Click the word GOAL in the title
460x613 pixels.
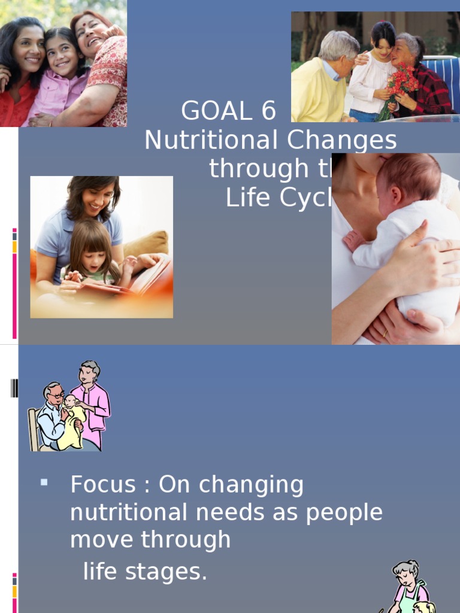click(x=215, y=111)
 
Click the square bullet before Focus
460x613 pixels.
click(x=44, y=481)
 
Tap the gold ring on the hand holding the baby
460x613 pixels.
click(x=384, y=333)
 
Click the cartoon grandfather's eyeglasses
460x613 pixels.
click(x=58, y=396)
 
